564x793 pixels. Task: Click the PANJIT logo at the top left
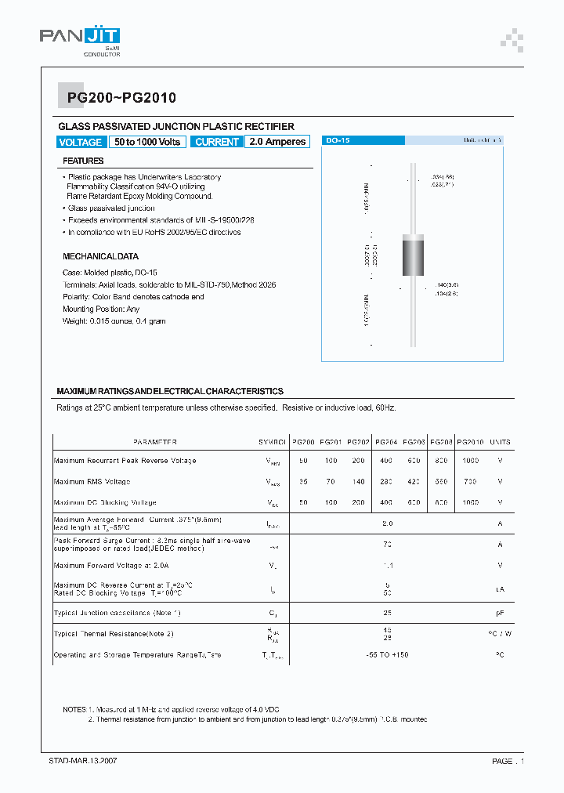(79, 38)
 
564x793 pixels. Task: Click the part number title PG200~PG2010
(116, 98)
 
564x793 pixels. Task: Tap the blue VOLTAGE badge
(80, 142)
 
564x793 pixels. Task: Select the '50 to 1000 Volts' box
(147, 142)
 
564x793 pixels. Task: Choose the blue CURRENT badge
(217, 142)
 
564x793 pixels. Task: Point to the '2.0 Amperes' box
(277, 142)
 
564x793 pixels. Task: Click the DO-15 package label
(338, 140)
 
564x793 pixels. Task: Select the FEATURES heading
(83, 161)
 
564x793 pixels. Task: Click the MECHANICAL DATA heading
(100, 256)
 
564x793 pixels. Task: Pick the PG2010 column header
(470, 442)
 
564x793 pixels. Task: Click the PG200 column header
(303, 442)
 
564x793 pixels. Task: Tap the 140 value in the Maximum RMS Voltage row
(358, 482)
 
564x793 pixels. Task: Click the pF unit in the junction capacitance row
(500, 613)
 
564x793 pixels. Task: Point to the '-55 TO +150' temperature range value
(387, 654)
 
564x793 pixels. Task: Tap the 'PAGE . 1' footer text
(508, 761)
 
